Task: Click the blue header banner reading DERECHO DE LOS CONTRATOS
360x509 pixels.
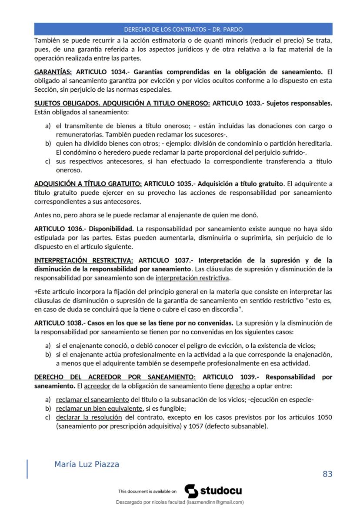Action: point(183,29)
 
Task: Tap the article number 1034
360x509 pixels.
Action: point(117,72)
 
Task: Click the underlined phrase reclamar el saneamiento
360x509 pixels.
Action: point(92,399)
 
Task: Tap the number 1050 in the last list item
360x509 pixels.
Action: point(324,417)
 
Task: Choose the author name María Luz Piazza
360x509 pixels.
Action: point(87,464)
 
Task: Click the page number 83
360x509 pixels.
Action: point(327,474)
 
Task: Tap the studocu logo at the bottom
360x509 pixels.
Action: point(213,491)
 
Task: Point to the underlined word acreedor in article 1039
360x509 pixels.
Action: point(95,386)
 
